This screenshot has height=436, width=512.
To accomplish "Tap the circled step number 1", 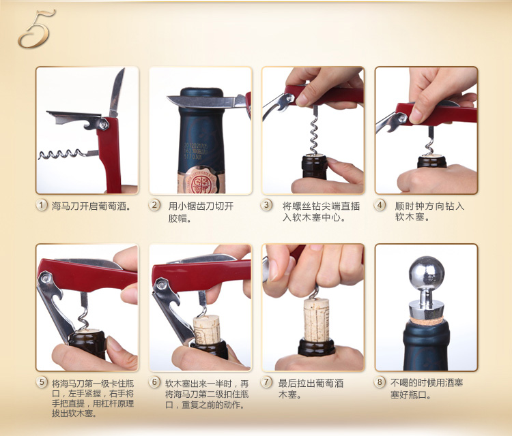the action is [x=42, y=205].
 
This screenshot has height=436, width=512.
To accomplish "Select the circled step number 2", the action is [x=154, y=205].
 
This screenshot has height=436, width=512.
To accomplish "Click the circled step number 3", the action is [x=266, y=205].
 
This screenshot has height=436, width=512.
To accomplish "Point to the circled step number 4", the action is [x=380, y=205].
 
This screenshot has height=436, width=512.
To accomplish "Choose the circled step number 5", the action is [x=42, y=382].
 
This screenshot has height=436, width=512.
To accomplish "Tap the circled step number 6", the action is [x=154, y=382].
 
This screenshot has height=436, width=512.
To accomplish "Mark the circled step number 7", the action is [x=266, y=382].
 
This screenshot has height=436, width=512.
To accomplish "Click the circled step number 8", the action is [x=380, y=382].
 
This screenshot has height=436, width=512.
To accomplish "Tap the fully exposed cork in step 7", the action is [x=316, y=320].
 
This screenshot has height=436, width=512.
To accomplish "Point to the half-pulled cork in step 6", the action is [x=207, y=330].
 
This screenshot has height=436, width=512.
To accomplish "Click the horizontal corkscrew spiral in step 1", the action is [x=62, y=154].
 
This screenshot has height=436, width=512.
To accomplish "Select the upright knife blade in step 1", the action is [x=116, y=93].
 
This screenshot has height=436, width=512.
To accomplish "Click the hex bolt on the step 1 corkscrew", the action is [x=104, y=124].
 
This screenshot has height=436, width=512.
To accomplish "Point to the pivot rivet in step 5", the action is [x=45, y=278].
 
